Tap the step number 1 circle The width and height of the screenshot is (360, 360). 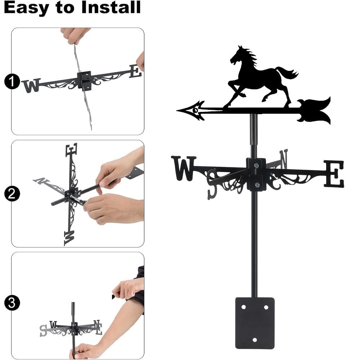click(12, 82)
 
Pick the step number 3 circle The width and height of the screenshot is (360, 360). click(12, 303)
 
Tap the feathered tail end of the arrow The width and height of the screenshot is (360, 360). click(317, 110)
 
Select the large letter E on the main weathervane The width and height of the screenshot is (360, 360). click(334, 174)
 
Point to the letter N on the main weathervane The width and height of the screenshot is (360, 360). click(284, 159)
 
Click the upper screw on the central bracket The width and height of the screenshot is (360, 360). click(256, 165)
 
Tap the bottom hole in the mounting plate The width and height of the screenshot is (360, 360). click(255, 340)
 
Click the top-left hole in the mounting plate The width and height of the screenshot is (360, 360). click(243, 307)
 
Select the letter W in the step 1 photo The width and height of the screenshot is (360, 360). click(31, 86)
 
